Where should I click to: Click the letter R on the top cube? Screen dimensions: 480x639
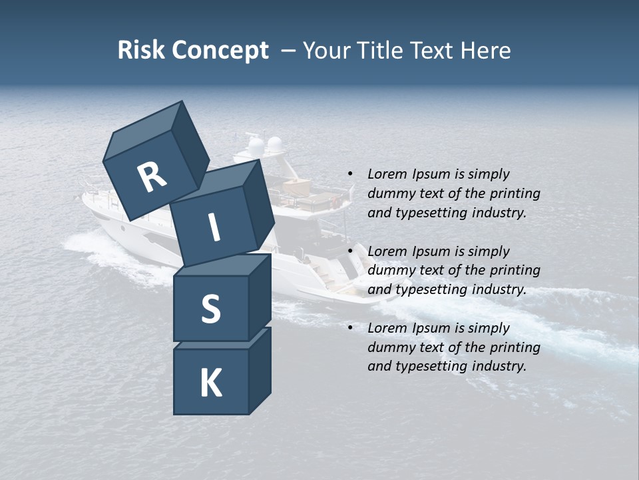pyautogui.click(x=152, y=177)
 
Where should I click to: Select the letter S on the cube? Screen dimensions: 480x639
pyautogui.click(x=210, y=309)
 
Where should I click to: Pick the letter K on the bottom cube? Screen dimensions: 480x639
pyautogui.click(x=210, y=383)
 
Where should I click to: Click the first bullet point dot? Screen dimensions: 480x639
pyautogui.click(x=350, y=175)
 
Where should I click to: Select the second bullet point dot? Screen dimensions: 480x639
pyautogui.click(x=350, y=252)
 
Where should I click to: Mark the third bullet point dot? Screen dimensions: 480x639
pyautogui.click(x=350, y=329)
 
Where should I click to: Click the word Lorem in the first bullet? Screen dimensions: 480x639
pyautogui.click(x=387, y=174)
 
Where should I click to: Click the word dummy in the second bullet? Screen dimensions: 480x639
pyautogui.click(x=389, y=270)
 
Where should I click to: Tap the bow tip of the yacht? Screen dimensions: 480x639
pyautogui.click(x=84, y=198)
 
